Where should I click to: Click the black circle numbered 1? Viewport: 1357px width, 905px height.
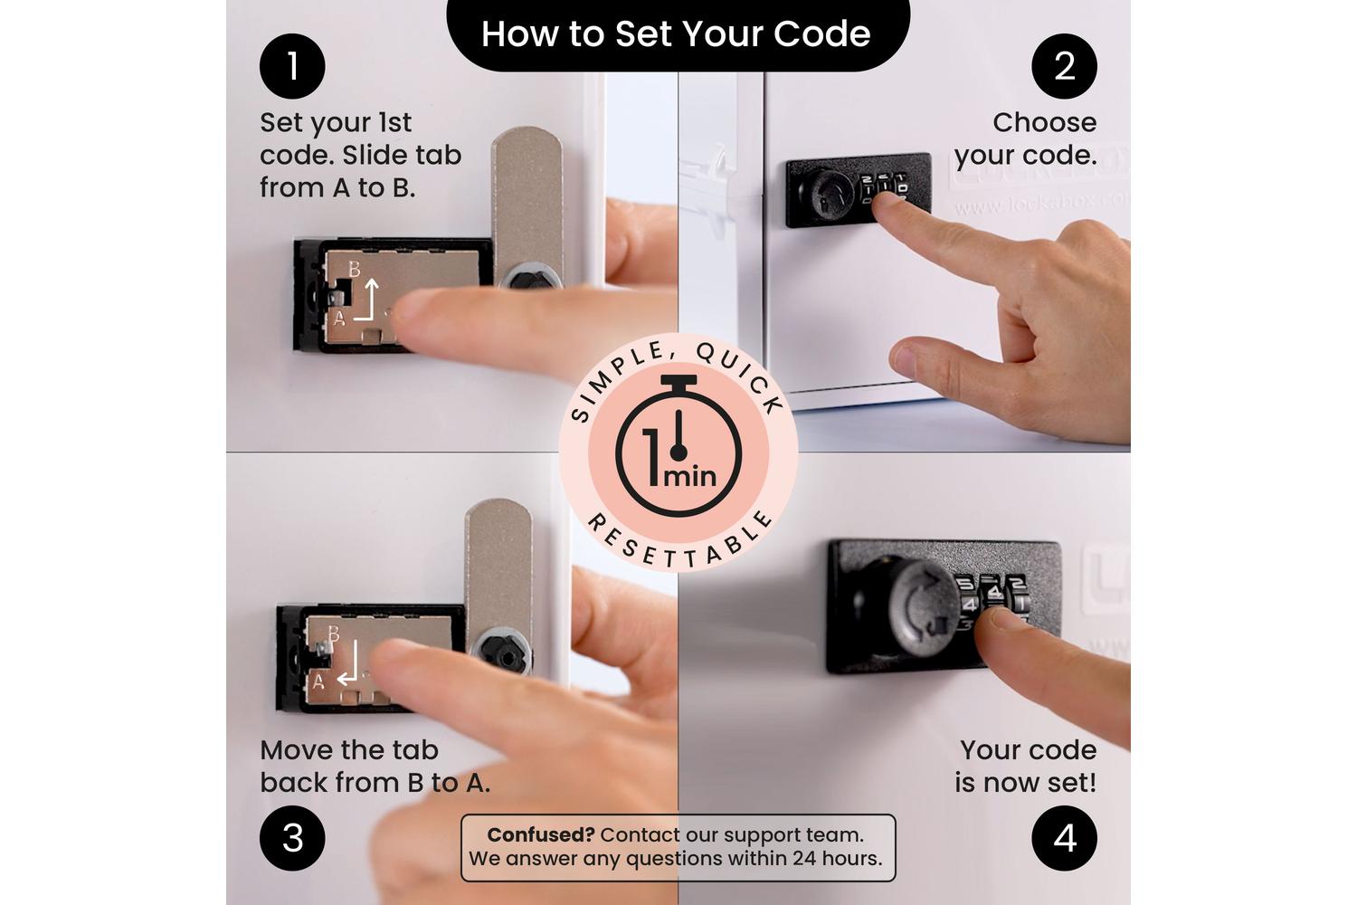pyautogui.click(x=292, y=66)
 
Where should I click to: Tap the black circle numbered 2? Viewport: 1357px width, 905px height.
pyautogui.click(x=1065, y=66)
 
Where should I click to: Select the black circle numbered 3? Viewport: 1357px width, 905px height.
pyautogui.click(x=292, y=838)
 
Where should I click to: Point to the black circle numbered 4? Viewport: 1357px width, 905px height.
pyautogui.click(x=1065, y=838)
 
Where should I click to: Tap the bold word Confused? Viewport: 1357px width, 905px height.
pyautogui.click(x=541, y=834)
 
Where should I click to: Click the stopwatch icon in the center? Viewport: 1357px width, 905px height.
pyautogui.click(x=678, y=446)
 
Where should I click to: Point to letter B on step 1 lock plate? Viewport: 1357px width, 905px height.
pyautogui.click(x=355, y=269)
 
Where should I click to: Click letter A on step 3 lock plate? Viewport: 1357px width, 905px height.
pyautogui.click(x=318, y=682)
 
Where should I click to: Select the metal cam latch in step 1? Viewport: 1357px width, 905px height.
pyautogui.click(x=527, y=206)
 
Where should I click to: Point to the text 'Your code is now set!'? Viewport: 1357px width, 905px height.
pyautogui.click(x=1026, y=767)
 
